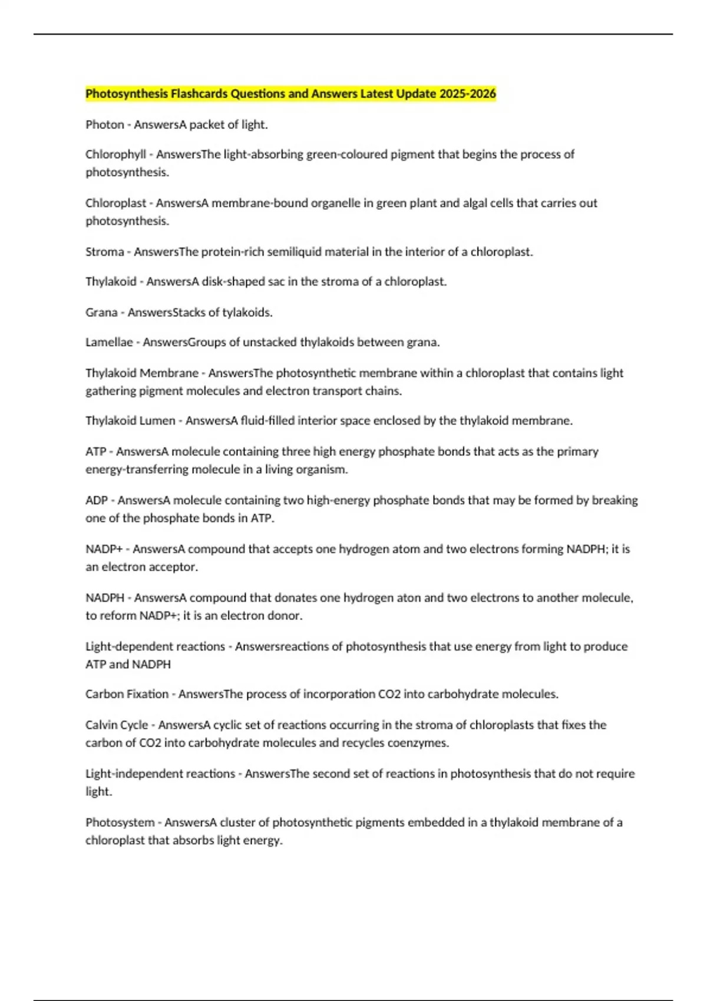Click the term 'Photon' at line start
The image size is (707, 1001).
coord(105,125)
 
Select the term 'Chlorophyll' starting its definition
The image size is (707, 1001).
coord(115,154)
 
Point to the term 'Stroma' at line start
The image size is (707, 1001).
coord(105,252)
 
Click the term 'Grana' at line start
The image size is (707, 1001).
coord(101,313)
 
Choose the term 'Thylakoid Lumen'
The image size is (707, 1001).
coord(130,421)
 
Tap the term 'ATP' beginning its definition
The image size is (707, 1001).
coord(95,452)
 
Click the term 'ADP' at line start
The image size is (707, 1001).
coord(97,501)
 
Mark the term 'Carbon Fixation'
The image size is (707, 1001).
coord(127,694)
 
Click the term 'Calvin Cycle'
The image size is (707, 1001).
coord(117,725)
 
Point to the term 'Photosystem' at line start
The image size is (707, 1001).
coord(120,823)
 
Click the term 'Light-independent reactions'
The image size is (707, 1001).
coord(160,774)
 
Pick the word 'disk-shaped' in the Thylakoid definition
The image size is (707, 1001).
coord(233,282)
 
